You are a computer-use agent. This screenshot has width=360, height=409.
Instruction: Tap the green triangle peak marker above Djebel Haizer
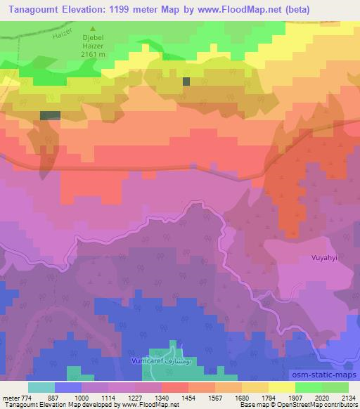(x=91, y=30)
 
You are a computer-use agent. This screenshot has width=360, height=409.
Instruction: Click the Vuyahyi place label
(x=325, y=258)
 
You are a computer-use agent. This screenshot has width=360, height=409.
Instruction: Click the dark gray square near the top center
(x=186, y=82)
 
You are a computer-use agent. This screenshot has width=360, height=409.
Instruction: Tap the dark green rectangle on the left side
(x=50, y=115)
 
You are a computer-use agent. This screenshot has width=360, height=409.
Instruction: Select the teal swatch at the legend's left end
(x=41, y=387)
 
